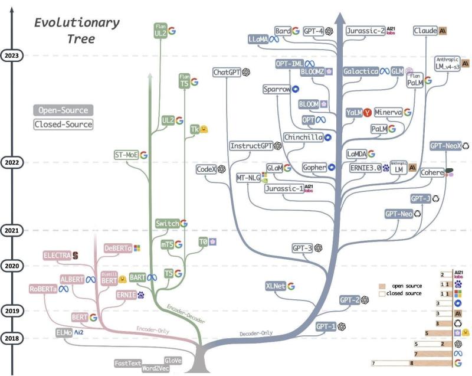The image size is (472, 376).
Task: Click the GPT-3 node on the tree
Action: [x=303, y=249]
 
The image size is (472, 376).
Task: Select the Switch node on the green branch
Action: [x=166, y=224]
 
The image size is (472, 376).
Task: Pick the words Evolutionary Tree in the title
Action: [x=77, y=31]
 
